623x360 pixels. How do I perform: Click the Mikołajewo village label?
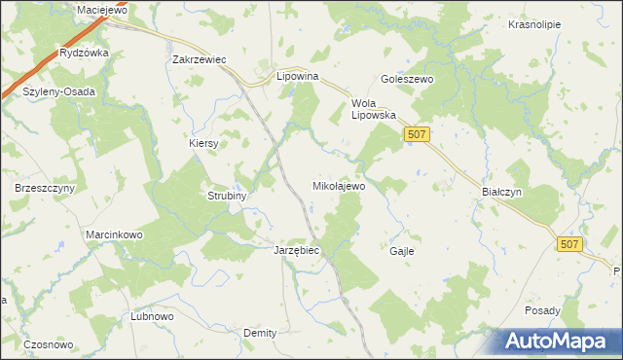click(x=338, y=185)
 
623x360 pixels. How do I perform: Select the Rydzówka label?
click(x=84, y=53)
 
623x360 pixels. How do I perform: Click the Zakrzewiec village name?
click(x=199, y=59)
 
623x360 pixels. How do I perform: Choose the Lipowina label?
click(x=299, y=74)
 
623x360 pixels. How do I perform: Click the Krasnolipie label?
click(x=534, y=25)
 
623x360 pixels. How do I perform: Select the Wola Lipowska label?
click(x=374, y=108)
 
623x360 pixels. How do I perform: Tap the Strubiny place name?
click(x=228, y=196)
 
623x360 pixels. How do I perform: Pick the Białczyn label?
click(x=502, y=192)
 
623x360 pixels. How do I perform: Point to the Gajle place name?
click(x=402, y=250)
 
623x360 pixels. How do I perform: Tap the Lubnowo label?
click(x=152, y=316)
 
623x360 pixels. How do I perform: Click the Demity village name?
click(x=260, y=333)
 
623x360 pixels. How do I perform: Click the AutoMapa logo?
click(x=558, y=341)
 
